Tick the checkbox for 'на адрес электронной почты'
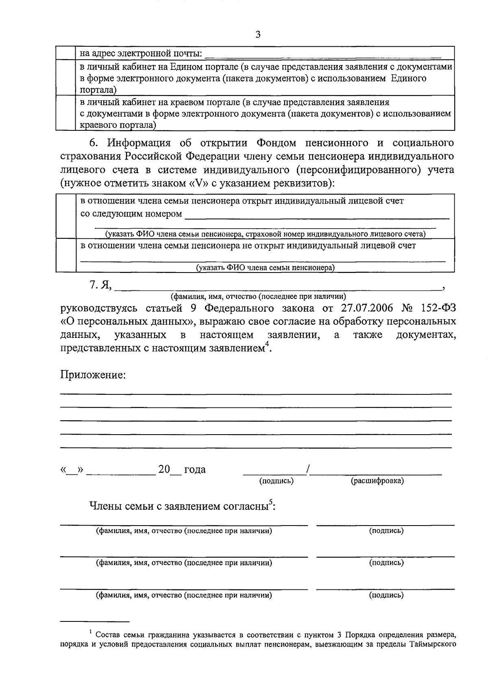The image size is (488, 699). (66, 54)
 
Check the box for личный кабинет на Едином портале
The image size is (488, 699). (66, 78)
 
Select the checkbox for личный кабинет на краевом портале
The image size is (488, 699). (66, 113)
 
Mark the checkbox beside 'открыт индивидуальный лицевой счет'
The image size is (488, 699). (66, 216)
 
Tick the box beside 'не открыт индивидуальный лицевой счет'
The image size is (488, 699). (66, 255)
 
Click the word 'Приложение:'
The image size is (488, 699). (93, 374)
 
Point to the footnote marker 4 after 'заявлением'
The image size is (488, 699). (267, 344)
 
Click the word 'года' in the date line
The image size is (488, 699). (195, 470)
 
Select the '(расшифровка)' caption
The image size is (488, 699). (377, 481)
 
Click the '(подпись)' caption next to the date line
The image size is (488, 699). (277, 481)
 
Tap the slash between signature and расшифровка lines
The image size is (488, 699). (309, 470)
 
